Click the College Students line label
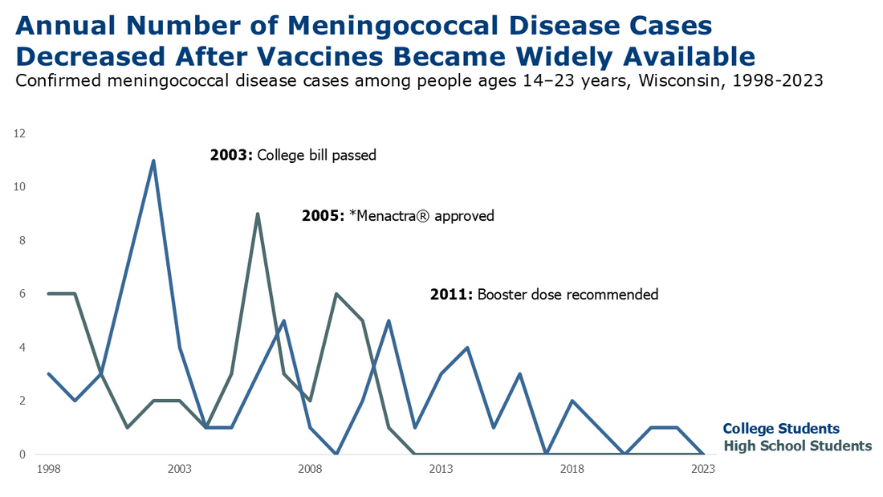pyautogui.click(x=781, y=429)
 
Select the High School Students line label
pyautogui.click(x=797, y=446)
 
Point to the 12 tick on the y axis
pyautogui.click(x=21, y=134)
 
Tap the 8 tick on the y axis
pyautogui.click(x=22, y=241)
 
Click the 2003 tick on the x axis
pyautogui.click(x=179, y=468)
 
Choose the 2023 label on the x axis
pyautogui.click(x=702, y=468)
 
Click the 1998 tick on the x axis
pyautogui.click(x=48, y=468)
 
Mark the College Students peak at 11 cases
pyautogui.click(x=153, y=161)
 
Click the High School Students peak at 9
pyautogui.click(x=258, y=214)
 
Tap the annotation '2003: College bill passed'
pyautogui.click(x=293, y=156)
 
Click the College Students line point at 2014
pyautogui.click(x=467, y=348)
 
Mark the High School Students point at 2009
pyautogui.click(x=336, y=294)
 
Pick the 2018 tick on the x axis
pyautogui.click(x=572, y=468)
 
